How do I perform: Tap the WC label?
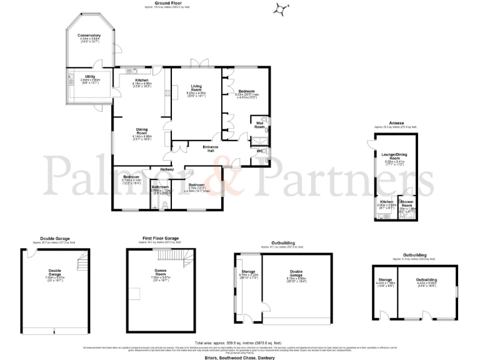[x=259, y=151]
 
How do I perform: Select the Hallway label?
[x=166, y=169]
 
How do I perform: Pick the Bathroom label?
[x=161, y=186]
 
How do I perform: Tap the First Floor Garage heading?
[x=160, y=238]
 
